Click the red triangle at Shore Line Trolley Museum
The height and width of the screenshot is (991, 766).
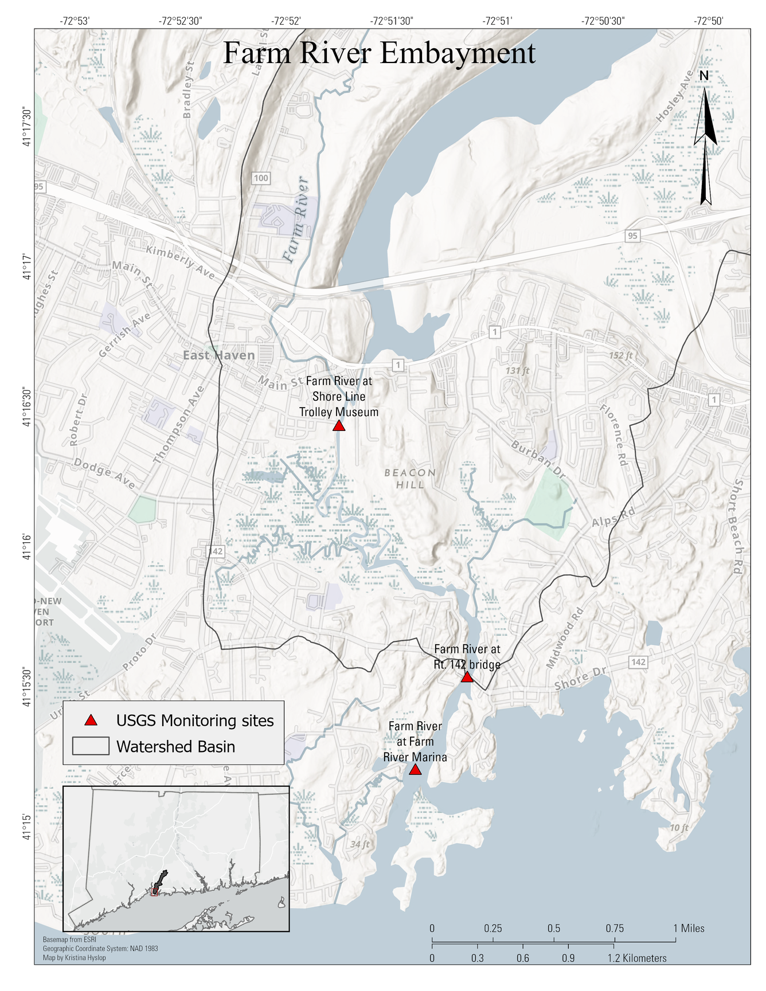pyautogui.click(x=339, y=426)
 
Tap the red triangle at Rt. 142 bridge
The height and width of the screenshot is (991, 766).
pyautogui.click(x=467, y=677)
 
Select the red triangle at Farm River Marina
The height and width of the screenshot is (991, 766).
pyautogui.click(x=415, y=770)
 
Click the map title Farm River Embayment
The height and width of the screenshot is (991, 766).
pyautogui.click(x=379, y=53)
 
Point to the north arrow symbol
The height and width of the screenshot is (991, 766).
pyautogui.click(x=705, y=138)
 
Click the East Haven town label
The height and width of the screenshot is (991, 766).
pyautogui.click(x=218, y=355)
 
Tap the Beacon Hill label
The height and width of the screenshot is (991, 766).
pyautogui.click(x=410, y=479)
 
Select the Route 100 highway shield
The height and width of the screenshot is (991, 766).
pyautogui.click(x=261, y=178)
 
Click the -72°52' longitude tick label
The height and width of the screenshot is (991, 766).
pyautogui.click(x=286, y=21)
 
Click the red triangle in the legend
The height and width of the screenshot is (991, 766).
pyautogui.click(x=90, y=720)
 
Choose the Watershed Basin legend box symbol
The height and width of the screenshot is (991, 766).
pyautogui.click(x=91, y=746)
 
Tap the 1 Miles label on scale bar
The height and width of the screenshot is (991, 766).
pyautogui.click(x=689, y=929)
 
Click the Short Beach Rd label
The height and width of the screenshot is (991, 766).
pyautogui.click(x=738, y=527)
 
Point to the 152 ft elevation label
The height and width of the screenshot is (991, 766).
pyautogui.click(x=620, y=355)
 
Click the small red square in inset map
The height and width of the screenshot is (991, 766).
pyautogui.click(x=154, y=892)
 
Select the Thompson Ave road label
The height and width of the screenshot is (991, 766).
pyautogui.click(x=179, y=425)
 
